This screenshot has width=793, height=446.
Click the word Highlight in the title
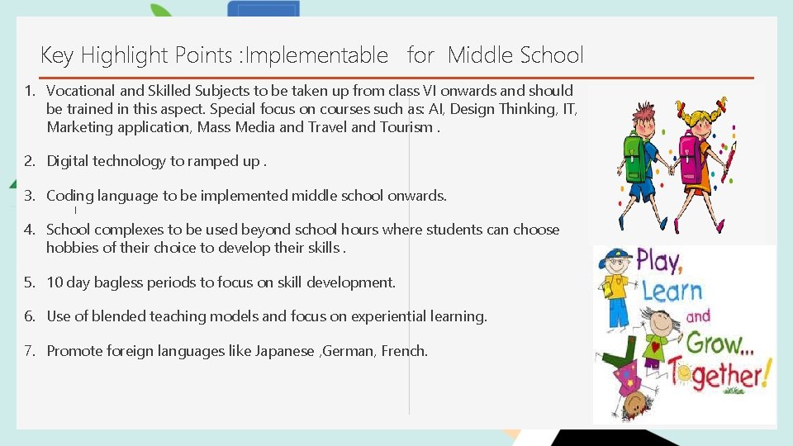tap(121, 56)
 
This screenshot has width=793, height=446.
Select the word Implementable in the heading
tap(317, 56)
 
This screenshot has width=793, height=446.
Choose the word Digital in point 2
tap(68, 161)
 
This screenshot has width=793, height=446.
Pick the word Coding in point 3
tap(70, 197)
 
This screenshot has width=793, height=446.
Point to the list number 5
tap(29, 282)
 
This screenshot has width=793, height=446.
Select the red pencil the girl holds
tap(728, 160)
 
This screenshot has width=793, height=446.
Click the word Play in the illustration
tap(658, 263)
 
